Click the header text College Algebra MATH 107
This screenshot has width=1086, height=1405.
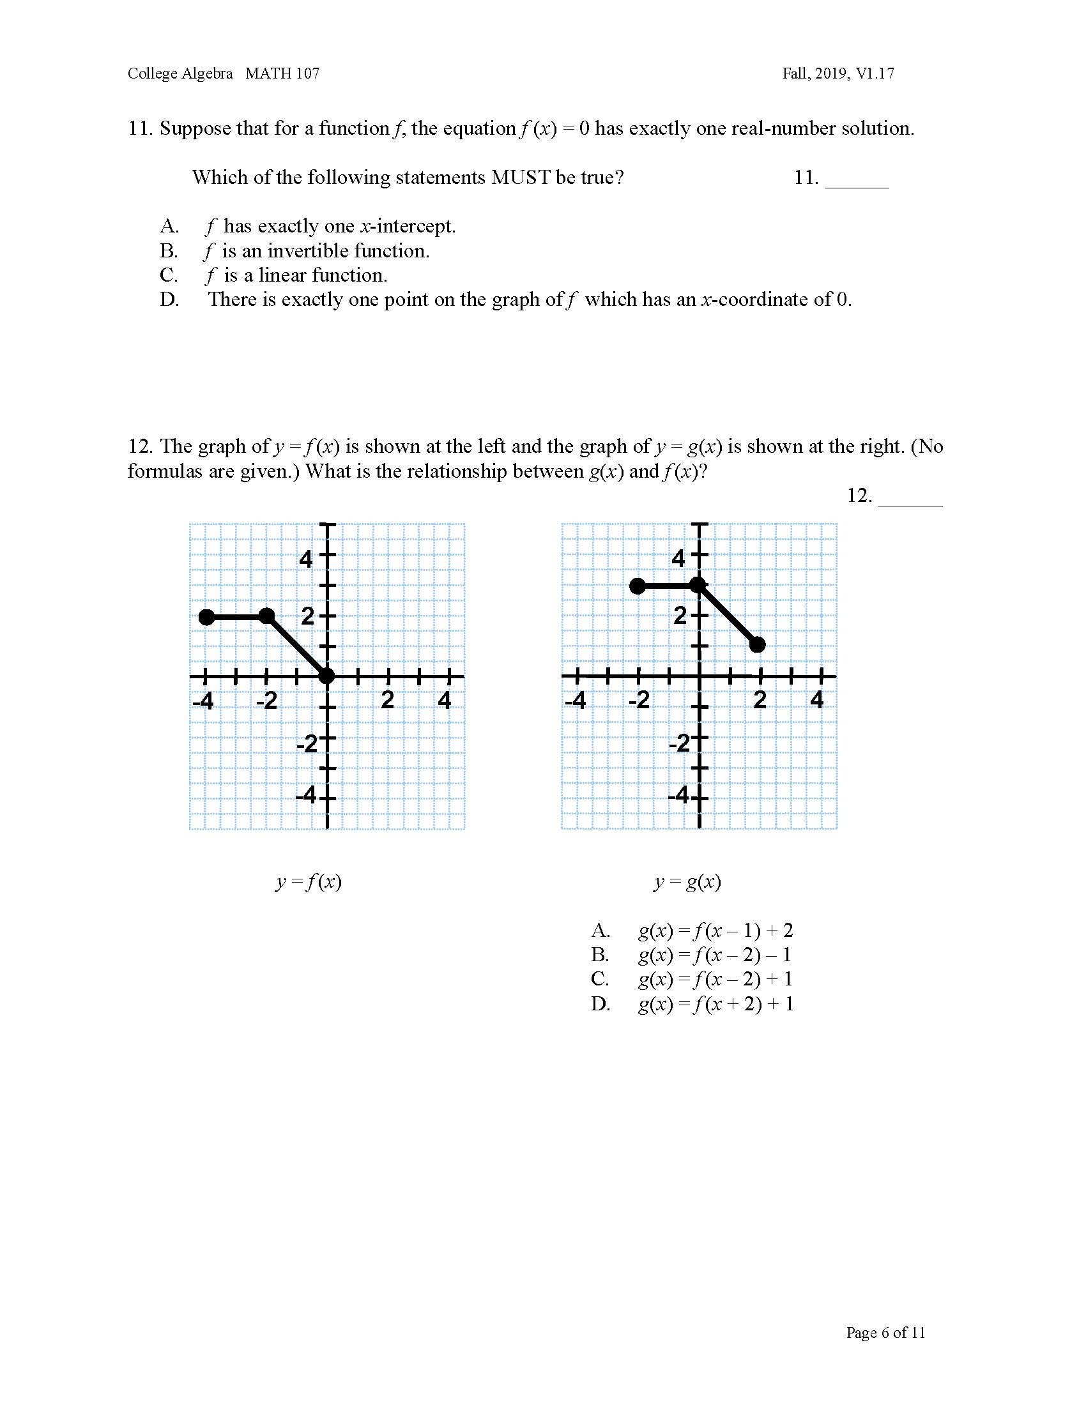(223, 73)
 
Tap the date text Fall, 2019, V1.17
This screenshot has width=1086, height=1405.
(837, 73)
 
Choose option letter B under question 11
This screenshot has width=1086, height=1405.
(169, 251)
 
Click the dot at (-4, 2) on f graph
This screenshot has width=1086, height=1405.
(206, 618)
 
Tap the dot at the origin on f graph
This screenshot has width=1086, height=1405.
(327, 676)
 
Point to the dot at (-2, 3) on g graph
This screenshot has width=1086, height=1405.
(638, 586)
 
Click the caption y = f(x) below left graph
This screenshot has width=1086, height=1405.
(308, 881)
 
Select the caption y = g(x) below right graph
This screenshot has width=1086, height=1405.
(687, 881)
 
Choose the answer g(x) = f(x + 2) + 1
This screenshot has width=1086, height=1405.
(715, 1004)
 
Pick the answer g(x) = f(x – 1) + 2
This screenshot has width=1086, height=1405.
(715, 930)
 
